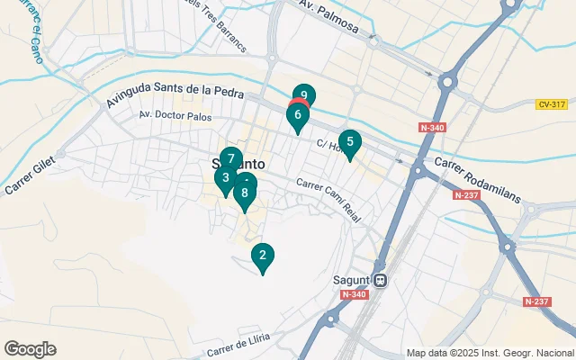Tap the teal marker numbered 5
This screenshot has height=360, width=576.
(349, 142)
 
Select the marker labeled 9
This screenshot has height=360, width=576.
(225, 178)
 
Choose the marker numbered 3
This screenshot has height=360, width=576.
(225, 178)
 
